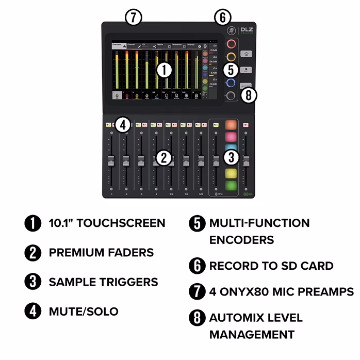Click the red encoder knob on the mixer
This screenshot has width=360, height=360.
(x=231, y=44)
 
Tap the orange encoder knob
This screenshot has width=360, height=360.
(x=231, y=56)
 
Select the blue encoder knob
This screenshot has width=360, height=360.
(x=231, y=83)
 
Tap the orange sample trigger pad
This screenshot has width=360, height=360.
(x=231, y=125)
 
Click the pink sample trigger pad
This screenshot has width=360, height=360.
(x=231, y=137)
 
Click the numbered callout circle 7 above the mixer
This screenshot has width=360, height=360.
(x=133, y=17)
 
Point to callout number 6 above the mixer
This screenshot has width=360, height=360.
(x=222, y=17)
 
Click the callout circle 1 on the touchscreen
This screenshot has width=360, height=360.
(x=163, y=70)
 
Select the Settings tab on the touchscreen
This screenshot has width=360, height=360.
(x=191, y=45)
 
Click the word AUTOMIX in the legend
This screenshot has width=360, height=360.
(x=239, y=318)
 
